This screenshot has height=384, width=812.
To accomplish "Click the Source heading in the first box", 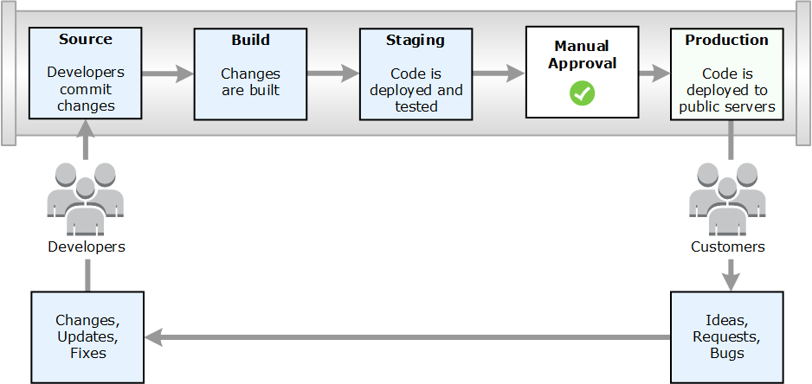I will pyautogui.click(x=85, y=40).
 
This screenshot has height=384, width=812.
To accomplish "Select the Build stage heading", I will pyautogui.click(x=250, y=40).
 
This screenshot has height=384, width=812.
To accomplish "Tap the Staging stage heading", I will pyautogui.click(x=416, y=40).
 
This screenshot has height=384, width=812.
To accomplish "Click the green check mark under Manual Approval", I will pyautogui.click(x=583, y=93).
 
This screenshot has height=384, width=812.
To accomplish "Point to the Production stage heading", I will pyautogui.click(x=726, y=40).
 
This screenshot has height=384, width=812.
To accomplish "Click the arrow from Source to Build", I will pyautogui.click(x=168, y=74).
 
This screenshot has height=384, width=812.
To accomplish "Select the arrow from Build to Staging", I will pyautogui.click(x=333, y=74).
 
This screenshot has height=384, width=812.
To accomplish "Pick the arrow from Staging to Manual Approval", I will pyautogui.click(x=499, y=74).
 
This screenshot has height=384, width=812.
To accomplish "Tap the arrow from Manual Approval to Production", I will pyautogui.click(x=654, y=74).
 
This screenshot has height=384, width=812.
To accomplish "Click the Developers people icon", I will pyautogui.click(x=86, y=199).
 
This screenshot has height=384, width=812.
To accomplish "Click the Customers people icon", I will pyautogui.click(x=727, y=199).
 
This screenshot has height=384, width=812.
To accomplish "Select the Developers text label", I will pyautogui.click(x=87, y=247).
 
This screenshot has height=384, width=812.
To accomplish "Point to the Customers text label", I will pyautogui.click(x=728, y=247).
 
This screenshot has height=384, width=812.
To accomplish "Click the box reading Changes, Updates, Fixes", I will pyautogui.click(x=87, y=336).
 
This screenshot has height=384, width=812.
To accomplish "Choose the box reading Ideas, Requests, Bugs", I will pyautogui.click(x=727, y=336).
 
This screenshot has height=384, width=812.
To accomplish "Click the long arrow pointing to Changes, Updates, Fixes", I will pyautogui.click(x=407, y=336).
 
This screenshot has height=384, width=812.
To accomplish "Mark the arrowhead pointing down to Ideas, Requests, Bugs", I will pyautogui.click(x=731, y=280).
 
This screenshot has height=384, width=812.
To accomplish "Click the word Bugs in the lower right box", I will pyautogui.click(x=727, y=353).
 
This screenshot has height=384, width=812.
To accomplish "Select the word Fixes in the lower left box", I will pyautogui.click(x=87, y=353).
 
